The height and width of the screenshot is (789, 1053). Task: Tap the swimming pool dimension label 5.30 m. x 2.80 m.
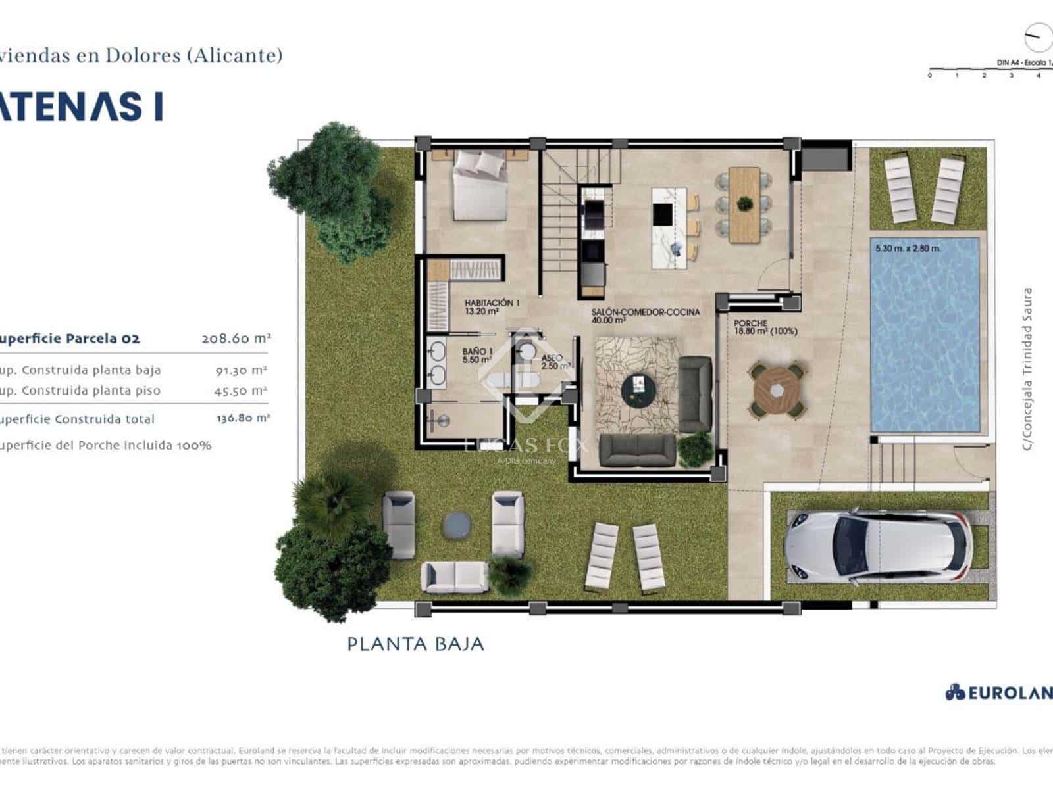click(908, 249)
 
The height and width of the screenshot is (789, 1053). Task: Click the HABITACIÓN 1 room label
click(492, 306)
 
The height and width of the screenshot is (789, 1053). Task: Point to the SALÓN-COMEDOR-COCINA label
click(645, 316)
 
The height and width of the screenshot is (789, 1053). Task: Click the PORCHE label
click(751, 323)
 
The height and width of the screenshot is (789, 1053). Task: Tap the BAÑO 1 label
click(477, 356)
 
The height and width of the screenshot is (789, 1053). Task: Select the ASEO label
click(552, 358)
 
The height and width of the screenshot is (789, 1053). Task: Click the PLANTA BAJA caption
click(415, 644)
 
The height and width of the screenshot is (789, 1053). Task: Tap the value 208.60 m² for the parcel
click(236, 339)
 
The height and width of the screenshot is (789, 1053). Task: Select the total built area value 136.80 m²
click(243, 418)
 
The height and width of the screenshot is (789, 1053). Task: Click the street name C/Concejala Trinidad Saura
click(1027, 368)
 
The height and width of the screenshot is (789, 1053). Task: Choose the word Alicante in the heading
click(234, 55)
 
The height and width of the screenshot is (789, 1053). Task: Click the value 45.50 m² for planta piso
click(241, 391)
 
